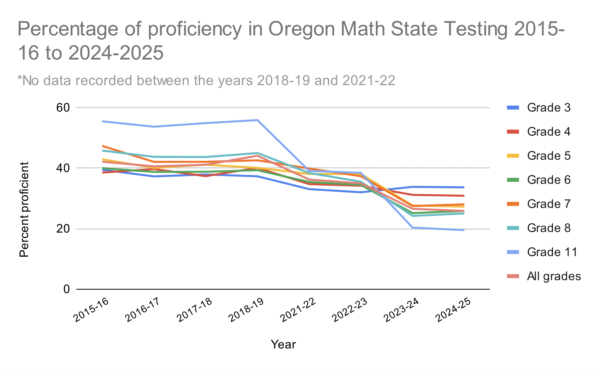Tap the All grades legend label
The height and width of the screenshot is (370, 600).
[x=554, y=276]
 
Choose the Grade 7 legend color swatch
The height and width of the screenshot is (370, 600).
[x=513, y=204]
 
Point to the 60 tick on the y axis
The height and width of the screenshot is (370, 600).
[x=63, y=108]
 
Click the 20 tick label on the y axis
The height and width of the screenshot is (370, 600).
[x=63, y=229]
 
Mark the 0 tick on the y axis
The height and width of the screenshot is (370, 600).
[x=67, y=289]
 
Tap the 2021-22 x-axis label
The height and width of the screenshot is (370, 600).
[x=298, y=310]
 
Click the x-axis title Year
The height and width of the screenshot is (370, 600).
[x=283, y=345]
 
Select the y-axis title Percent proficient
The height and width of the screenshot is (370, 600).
[x=24, y=210]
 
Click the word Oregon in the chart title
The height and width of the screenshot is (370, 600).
[x=301, y=29]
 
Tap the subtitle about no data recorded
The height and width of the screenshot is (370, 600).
[x=206, y=80]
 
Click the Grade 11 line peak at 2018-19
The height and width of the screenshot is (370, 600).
[x=257, y=120]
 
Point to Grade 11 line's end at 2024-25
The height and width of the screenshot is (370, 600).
[x=464, y=230]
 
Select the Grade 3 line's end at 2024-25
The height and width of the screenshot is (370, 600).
[x=464, y=187]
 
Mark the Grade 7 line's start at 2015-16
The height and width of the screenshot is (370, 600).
[x=103, y=146]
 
